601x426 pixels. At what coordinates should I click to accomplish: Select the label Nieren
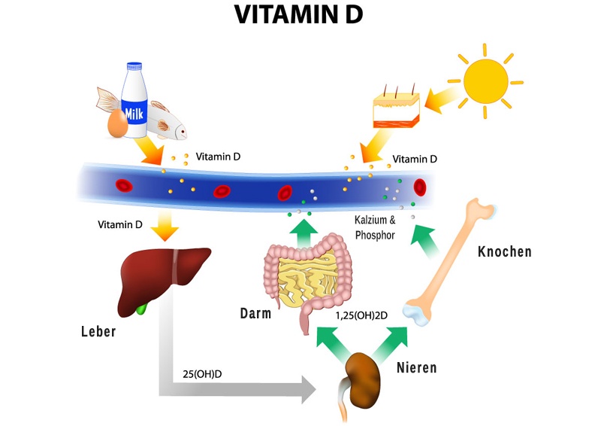pos(416,369)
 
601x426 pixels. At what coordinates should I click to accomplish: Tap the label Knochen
pos(504,252)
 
